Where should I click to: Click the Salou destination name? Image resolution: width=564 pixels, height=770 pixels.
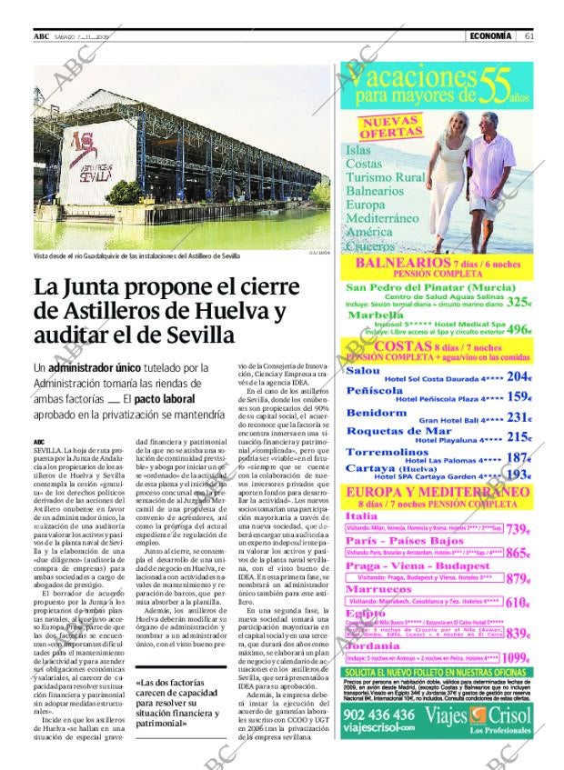(363, 372)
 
